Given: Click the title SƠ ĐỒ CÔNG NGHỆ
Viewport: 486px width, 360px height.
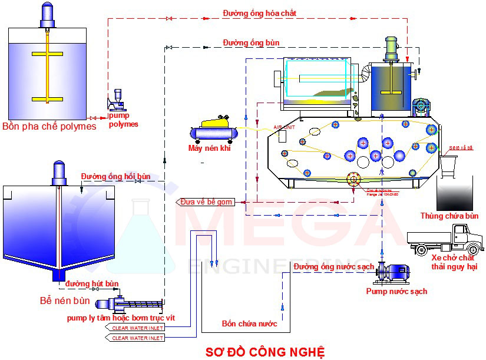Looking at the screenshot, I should click(265, 352).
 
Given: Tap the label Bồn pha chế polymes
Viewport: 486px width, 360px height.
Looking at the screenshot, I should click(49, 127).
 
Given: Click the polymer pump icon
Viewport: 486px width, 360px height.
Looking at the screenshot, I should click(117, 101).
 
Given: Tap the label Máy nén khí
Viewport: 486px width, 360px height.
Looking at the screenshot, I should click(209, 148).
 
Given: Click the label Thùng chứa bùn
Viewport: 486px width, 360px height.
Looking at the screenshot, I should click(449, 216).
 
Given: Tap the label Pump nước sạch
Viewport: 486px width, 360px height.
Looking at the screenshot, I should click(396, 291).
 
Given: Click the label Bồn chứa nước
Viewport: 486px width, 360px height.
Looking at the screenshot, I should click(249, 323).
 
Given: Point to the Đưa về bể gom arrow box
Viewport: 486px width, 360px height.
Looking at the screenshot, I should click(206, 202).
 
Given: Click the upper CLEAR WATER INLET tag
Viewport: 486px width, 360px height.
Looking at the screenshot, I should click(136, 327).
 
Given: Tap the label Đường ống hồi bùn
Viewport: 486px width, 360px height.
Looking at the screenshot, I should click(116, 176).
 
